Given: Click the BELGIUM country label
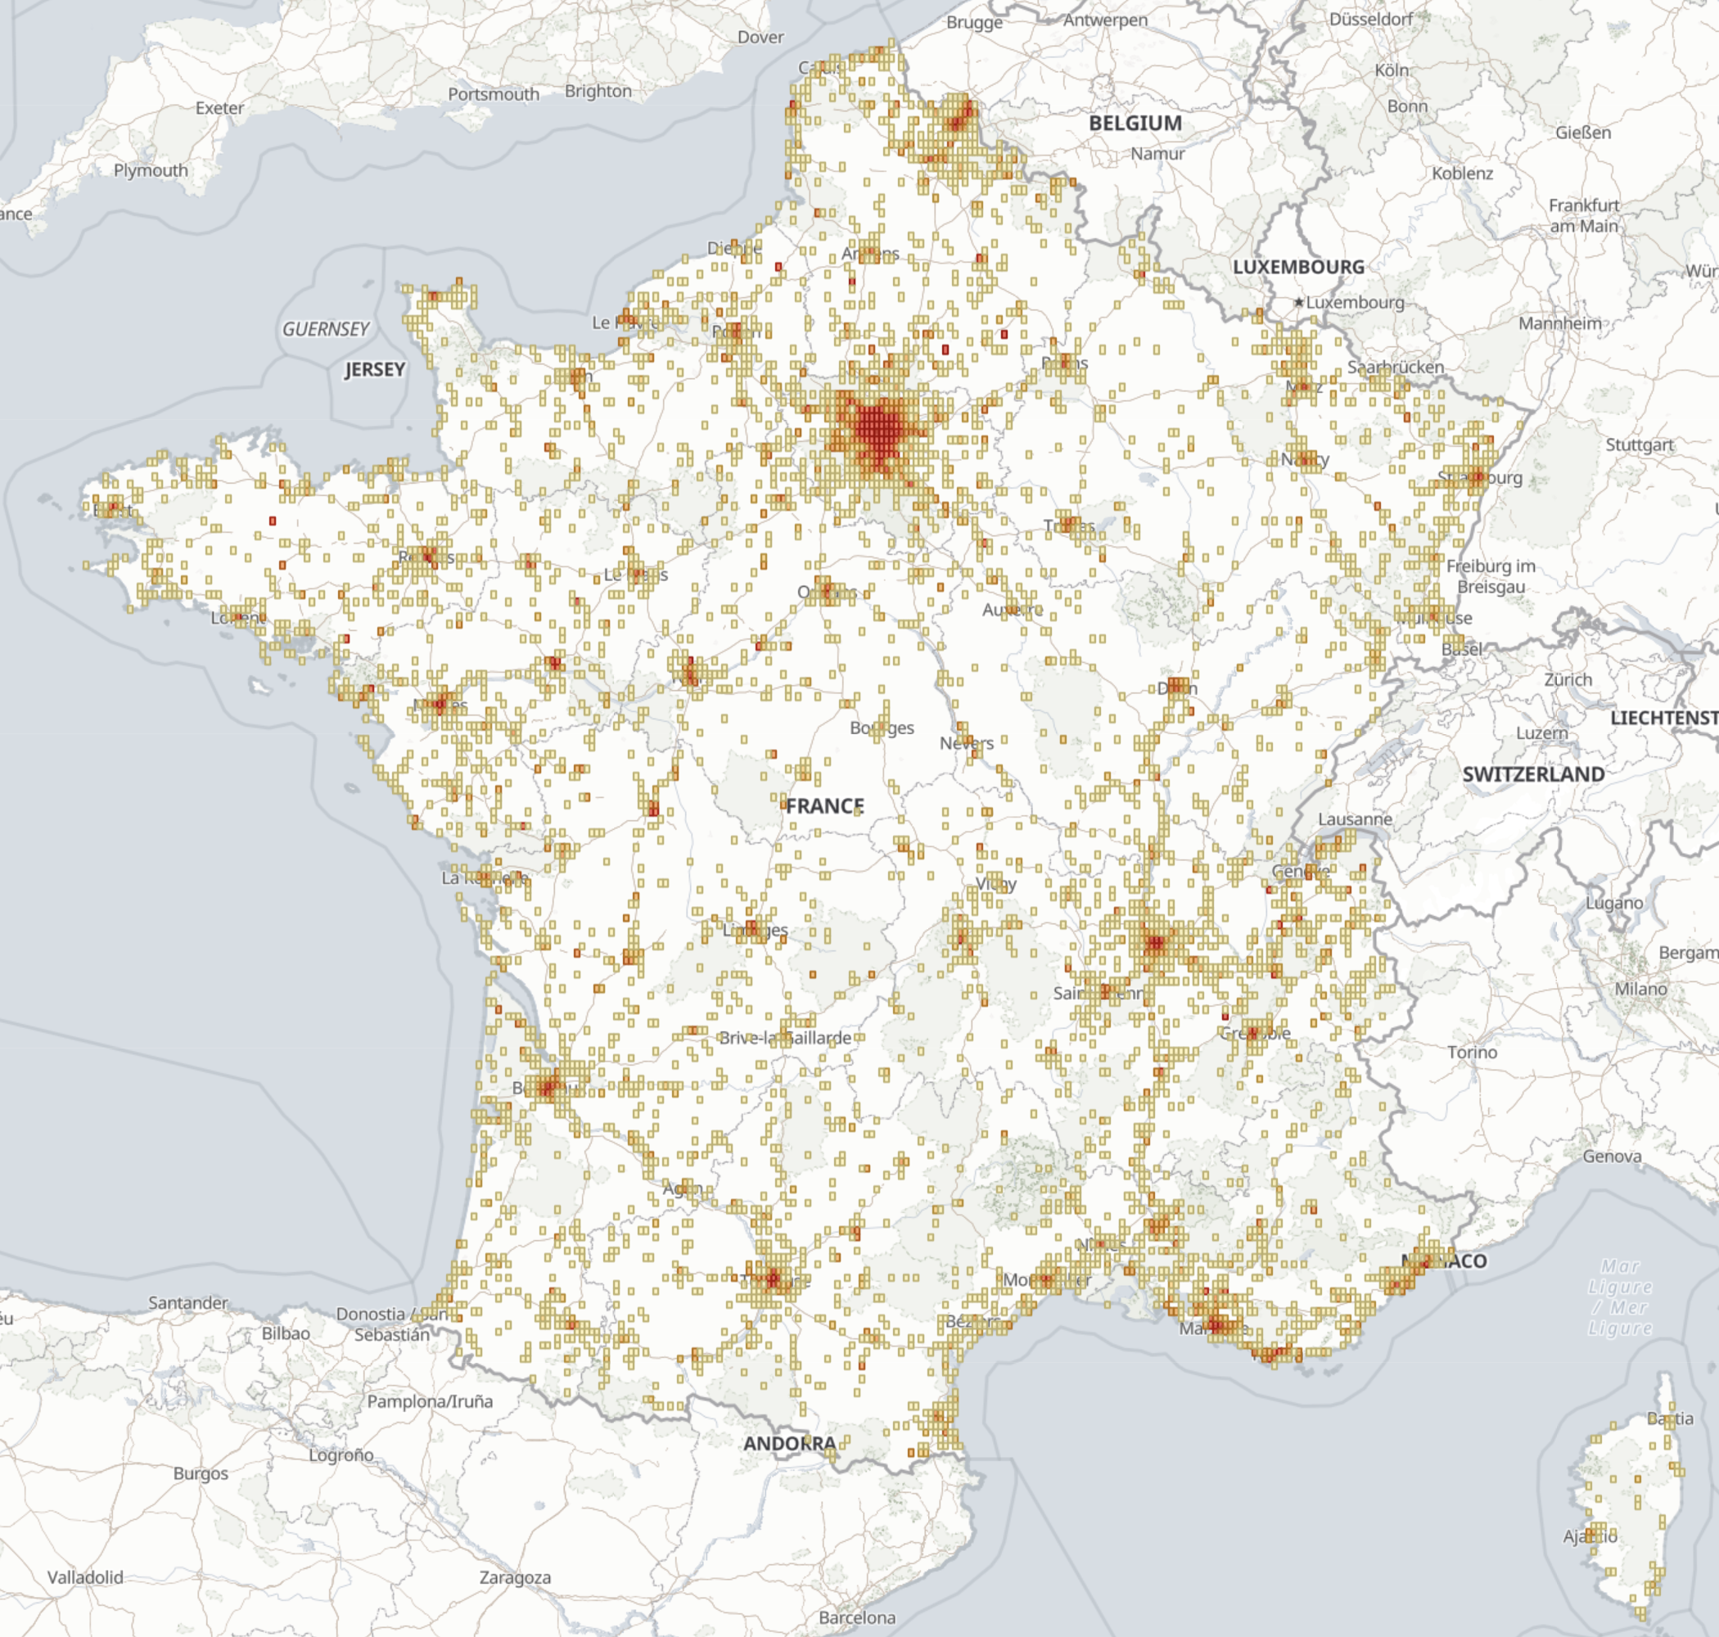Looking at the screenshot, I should (x=1135, y=124).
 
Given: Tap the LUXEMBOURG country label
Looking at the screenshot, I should (x=1298, y=267).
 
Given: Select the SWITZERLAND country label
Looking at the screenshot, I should (x=1533, y=775).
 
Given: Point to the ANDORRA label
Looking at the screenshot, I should (x=790, y=1444).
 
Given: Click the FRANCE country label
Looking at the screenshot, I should (x=824, y=806).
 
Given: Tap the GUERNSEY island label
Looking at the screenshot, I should (x=326, y=330).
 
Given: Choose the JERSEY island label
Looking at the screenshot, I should (x=375, y=370).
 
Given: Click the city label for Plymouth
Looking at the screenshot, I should (x=150, y=171).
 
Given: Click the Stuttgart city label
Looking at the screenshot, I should (x=1640, y=445).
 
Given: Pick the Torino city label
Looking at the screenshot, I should (x=1472, y=1053).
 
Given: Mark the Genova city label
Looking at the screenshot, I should (x=1612, y=1157).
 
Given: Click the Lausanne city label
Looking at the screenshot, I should (x=1355, y=819).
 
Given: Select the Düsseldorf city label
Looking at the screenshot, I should (x=1371, y=19).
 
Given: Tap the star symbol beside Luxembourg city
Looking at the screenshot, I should (x=1298, y=302).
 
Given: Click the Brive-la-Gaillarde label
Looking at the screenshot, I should (x=785, y=1039).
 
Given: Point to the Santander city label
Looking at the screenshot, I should (x=187, y=1303).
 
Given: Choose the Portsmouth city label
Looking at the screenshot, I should (x=494, y=94).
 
